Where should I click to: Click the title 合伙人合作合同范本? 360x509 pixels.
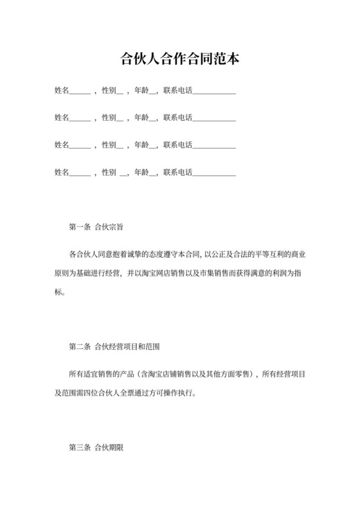[180, 60]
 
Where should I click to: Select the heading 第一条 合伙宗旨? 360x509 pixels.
[96, 227]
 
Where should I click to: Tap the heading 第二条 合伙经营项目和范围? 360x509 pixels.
[114, 347]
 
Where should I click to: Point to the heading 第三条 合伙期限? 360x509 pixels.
[96, 445]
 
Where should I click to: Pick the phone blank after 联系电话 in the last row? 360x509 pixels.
[214, 172]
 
